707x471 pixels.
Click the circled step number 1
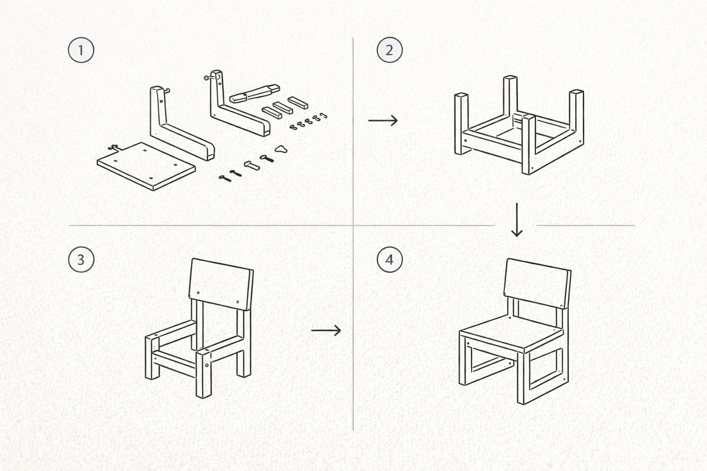[81, 50]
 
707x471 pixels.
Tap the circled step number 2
[389, 50]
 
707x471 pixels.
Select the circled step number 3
[81, 259]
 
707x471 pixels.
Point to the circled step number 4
[389, 259]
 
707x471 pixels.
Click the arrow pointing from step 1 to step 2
[383, 120]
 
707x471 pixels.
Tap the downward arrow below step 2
[517, 220]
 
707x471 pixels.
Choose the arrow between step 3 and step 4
[326, 330]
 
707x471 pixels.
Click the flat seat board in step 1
[146, 166]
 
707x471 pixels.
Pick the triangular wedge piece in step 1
[281, 149]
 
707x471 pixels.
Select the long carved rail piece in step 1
[255, 93]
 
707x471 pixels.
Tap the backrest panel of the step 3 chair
[221, 284]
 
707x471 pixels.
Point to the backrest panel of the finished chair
[537, 283]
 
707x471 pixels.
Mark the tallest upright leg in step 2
[510, 101]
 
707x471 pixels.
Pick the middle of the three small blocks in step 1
[283, 108]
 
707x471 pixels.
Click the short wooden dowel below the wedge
[252, 165]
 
